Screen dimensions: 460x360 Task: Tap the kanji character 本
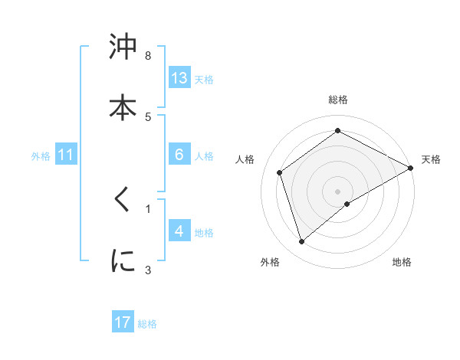(123, 107)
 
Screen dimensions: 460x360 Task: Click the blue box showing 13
(179, 78)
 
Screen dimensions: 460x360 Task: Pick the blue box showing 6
(179, 155)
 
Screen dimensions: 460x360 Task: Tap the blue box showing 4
(179, 231)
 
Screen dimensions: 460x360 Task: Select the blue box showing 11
(65, 155)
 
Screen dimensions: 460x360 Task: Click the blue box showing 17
(123, 322)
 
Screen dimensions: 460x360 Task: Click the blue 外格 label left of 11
(41, 155)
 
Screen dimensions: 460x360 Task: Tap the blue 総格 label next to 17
(147, 324)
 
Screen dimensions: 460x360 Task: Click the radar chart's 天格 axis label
(431, 159)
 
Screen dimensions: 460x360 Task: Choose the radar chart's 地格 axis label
(402, 262)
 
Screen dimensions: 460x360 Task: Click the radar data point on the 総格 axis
(337, 131)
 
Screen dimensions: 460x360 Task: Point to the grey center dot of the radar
(337, 191)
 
